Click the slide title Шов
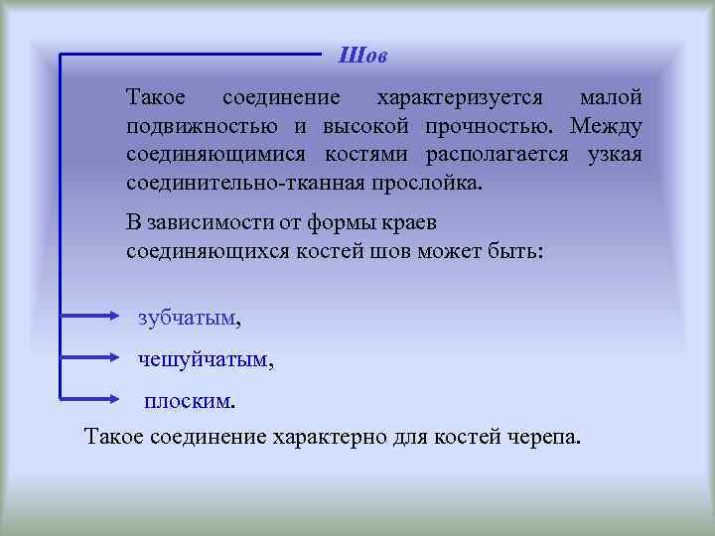[362, 55]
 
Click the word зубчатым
[188, 318]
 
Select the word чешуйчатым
[204, 359]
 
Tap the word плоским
[188, 401]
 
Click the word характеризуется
[459, 98]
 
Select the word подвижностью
[203, 127]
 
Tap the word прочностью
[488, 127]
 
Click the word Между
[606, 127]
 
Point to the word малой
[610, 98]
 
